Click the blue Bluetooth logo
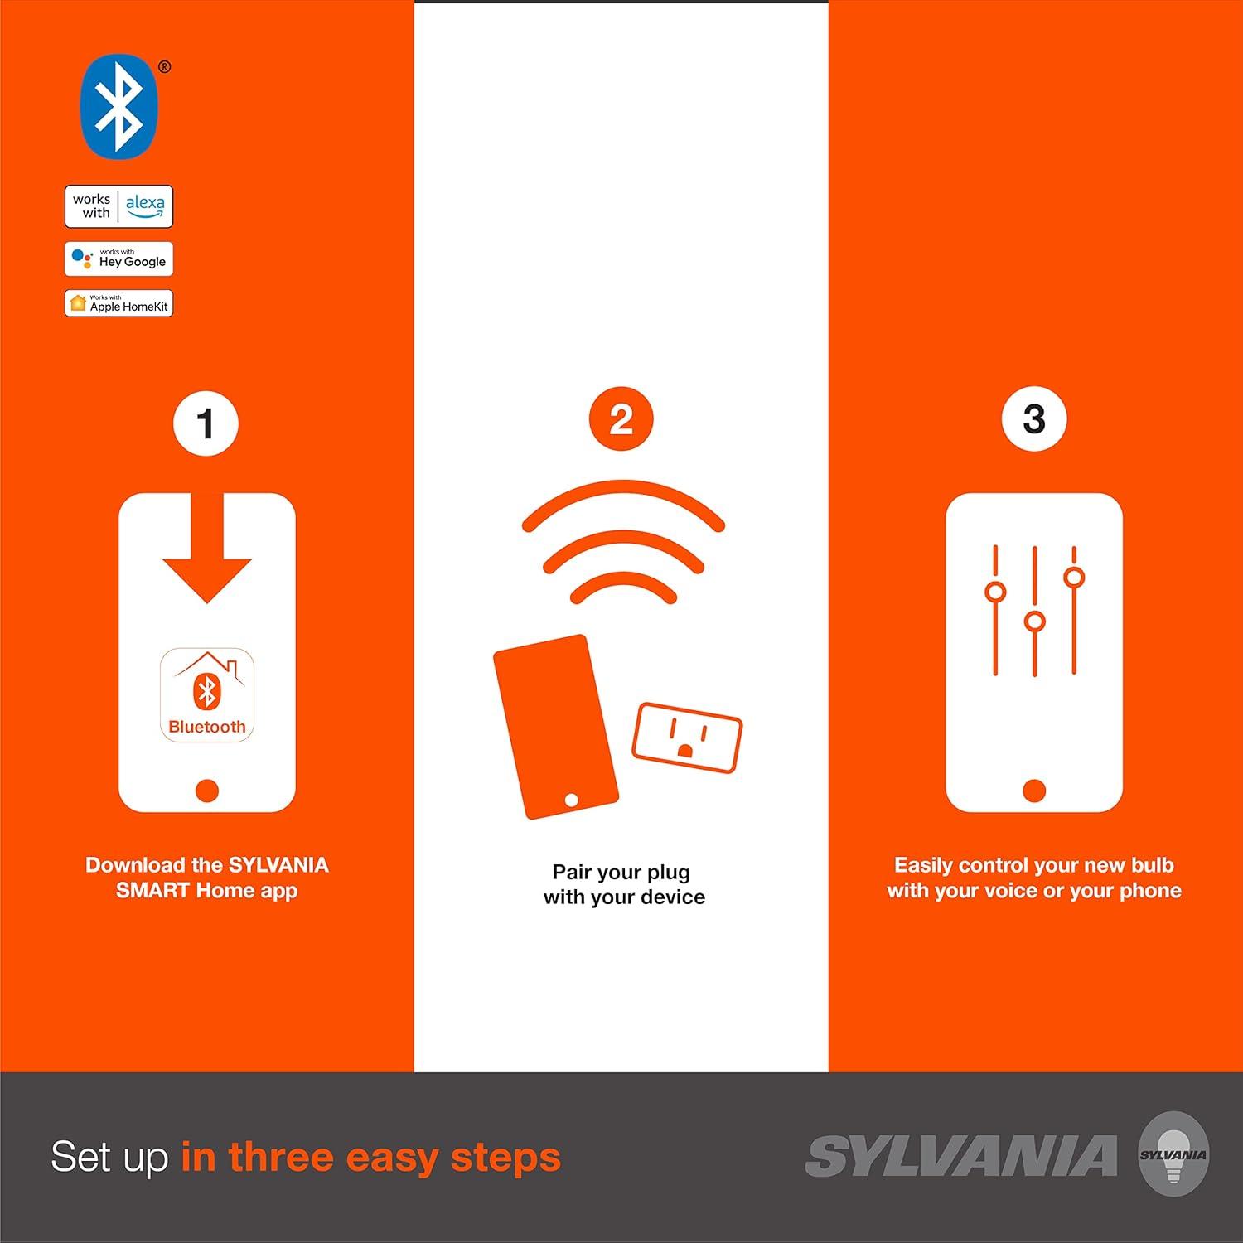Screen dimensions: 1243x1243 click(118, 106)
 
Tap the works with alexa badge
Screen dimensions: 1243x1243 click(119, 206)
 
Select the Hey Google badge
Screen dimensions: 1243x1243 click(119, 259)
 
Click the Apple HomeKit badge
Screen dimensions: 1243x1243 click(119, 303)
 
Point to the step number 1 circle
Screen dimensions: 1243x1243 click(206, 424)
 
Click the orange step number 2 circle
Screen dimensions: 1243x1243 click(621, 419)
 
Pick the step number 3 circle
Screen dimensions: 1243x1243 click(1034, 418)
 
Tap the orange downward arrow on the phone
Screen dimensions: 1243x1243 click(206, 547)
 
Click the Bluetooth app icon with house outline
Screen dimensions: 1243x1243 click(207, 694)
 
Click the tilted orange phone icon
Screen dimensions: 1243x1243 click(556, 728)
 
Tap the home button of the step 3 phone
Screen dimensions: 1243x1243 click(1034, 791)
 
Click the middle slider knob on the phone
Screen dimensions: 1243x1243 click(1034, 621)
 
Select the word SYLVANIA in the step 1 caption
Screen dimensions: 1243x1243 click(278, 865)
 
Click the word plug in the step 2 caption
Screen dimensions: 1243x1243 click(668, 873)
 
